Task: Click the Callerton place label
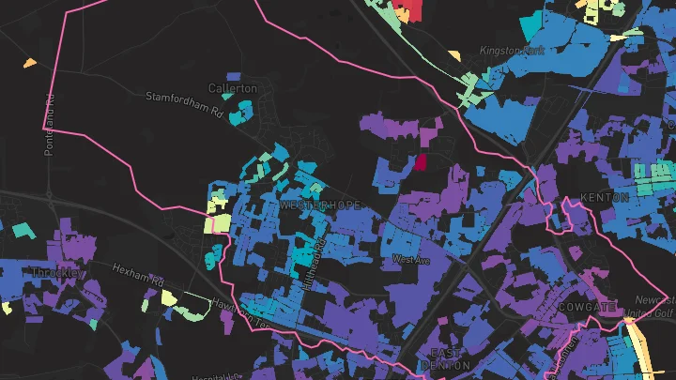point(232,88)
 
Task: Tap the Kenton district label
point(604,197)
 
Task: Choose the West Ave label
point(409,259)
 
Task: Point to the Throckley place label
point(58,273)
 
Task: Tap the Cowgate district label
point(588,307)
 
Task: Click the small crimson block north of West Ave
point(421,161)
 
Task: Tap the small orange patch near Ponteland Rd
point(30,64)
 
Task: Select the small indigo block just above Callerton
point(233,77)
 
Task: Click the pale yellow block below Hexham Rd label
point(169,298)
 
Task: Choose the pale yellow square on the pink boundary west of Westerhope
point(222,223)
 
